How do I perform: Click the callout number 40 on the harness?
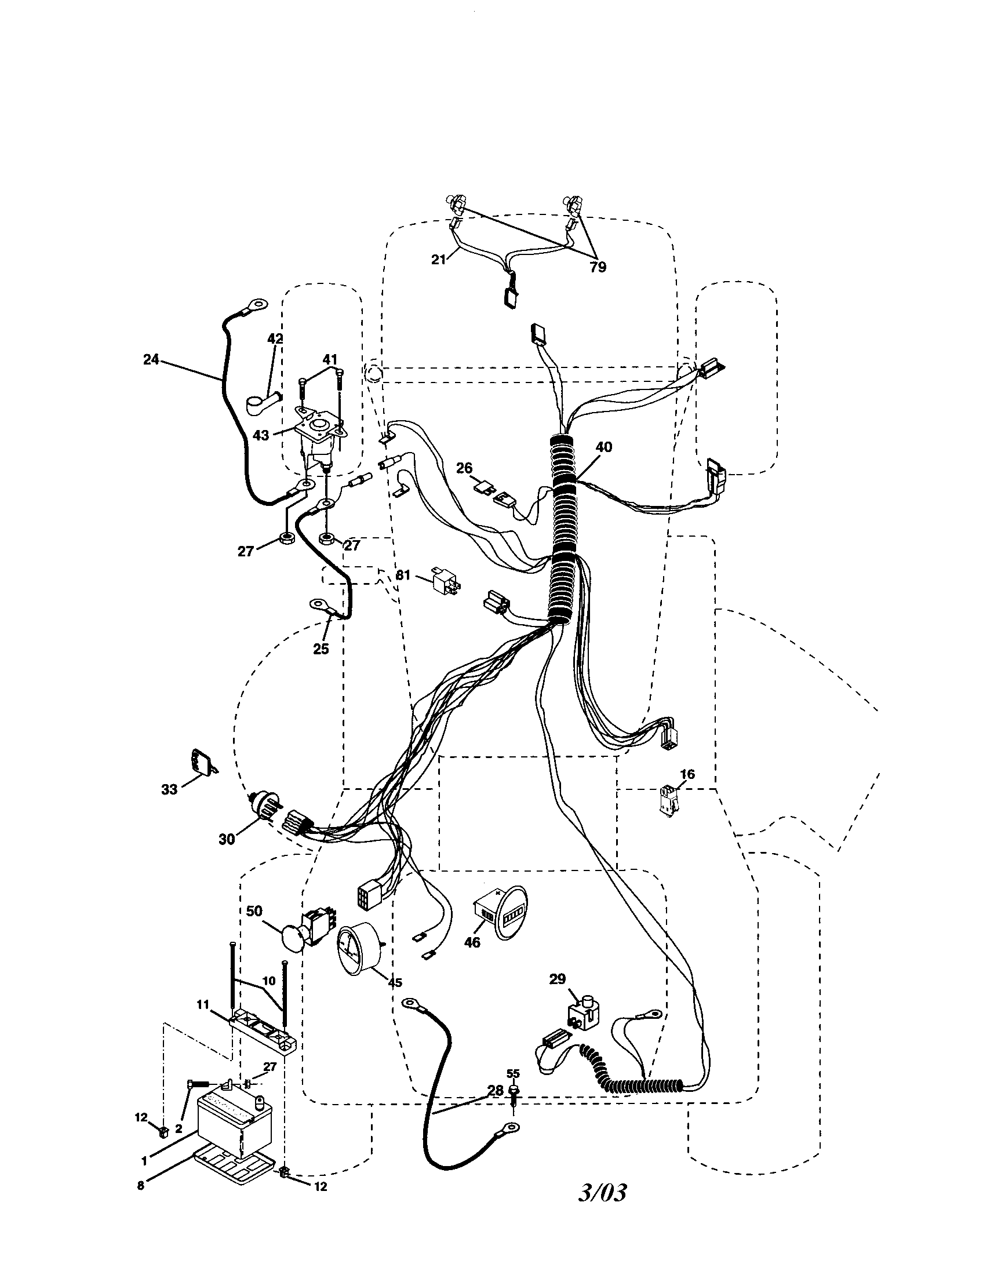(604, 447)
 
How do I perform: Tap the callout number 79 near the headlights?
(597, 267)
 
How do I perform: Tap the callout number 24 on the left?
(151, 360)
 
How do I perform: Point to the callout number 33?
(169, 789)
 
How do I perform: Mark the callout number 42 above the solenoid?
(275, 338)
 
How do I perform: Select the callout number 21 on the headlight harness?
(438, 259)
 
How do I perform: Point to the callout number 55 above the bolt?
(512, 1073)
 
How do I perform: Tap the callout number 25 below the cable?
(321, 648)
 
